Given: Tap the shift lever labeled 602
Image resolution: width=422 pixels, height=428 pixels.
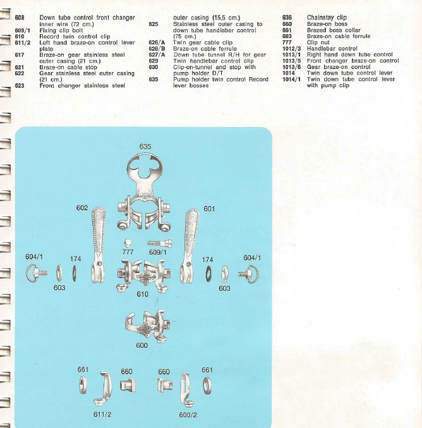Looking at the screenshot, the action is coord(98,246).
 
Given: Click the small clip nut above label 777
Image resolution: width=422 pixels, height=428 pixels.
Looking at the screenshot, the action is coord(128,243).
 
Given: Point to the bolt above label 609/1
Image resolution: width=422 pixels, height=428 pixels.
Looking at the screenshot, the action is coord(160,243).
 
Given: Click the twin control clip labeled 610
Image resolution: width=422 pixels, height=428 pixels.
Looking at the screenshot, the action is coord(144,275).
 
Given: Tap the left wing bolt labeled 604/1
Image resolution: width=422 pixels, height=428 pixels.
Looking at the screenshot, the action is coord(36,273).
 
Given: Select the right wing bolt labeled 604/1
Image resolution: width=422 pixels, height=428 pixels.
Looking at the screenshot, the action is coord(248,274).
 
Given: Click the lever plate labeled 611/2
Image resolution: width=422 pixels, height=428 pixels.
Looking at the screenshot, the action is coord(104,388).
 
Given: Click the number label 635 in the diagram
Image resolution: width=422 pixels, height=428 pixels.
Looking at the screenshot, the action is coord(145,147).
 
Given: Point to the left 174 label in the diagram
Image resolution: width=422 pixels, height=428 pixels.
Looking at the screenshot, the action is coord(76,259).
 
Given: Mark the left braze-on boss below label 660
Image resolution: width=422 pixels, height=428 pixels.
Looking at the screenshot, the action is coord(128,386).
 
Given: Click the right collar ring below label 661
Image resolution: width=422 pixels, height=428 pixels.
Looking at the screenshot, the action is coord(207,386).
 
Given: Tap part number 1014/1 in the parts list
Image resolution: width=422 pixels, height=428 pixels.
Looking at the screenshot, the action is coord(291,80).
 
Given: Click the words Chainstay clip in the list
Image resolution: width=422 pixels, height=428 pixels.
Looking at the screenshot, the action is coord(327,18).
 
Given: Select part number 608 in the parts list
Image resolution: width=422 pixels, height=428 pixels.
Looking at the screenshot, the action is coord(20,18).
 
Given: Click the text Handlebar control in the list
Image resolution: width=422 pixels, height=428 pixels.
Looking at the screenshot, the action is coord(332,49).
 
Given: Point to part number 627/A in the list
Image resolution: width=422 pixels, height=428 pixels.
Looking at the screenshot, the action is coord(157,55).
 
